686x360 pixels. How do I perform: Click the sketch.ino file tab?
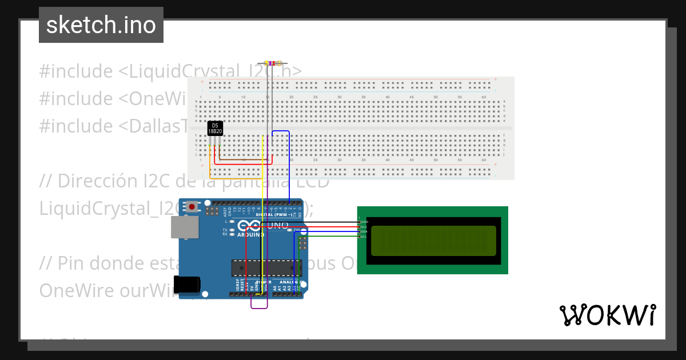point(101,25)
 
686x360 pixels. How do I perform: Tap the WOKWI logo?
point(607,315)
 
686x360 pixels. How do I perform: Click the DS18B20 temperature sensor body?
point(215,128)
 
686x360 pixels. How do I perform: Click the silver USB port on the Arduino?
point(185,227)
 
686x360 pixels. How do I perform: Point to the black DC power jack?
point(188,284)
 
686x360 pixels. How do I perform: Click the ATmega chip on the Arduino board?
point(266,267)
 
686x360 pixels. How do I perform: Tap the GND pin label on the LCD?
point(364,222)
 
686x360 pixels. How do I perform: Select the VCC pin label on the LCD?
point(364,227)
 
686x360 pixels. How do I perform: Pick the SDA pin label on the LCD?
point(364,231)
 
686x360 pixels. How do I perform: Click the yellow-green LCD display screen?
point(433,241)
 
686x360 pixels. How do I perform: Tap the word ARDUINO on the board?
point(250,234)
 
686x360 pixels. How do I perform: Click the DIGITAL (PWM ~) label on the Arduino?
point(274,215)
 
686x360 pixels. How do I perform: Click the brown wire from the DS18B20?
point(246,159)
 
